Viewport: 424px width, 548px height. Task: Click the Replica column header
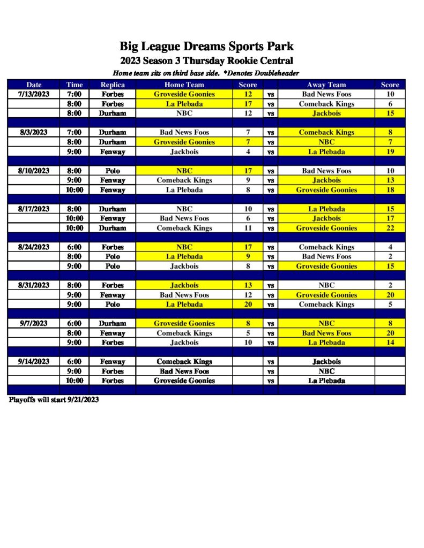click(113, 85)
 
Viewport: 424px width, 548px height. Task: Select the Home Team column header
click(184, 85)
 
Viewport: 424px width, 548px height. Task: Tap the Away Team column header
click(326, 85)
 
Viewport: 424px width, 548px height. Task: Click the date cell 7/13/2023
click(34, 94)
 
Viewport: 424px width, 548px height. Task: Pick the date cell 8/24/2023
click(34, 247)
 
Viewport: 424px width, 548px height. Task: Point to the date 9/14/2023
click(34, 362)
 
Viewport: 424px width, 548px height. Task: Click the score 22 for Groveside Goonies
click(390, 228)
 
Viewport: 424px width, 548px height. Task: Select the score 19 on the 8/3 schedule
click(390, 151)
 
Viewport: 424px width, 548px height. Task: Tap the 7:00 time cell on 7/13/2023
click(75, 94)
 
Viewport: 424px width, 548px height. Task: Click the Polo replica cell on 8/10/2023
click(113, 171)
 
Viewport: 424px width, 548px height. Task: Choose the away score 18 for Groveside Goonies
click(390, 190)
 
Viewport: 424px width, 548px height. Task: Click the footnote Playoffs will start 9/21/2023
click(54, 400)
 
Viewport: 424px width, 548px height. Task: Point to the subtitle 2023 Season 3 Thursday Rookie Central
click(206, 60)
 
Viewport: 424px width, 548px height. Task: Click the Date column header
click(34, 85)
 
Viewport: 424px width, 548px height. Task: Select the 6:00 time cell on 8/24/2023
click(75, 247)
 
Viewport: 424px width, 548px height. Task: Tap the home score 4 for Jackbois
click(248, 151)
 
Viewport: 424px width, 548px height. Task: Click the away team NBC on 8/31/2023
click(326, 285)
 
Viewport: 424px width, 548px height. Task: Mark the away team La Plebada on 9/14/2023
click(326, 380)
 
